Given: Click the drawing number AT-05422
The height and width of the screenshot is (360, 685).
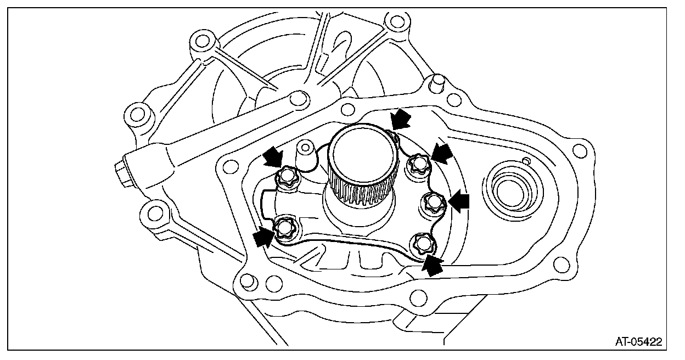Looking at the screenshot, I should pos(638,342).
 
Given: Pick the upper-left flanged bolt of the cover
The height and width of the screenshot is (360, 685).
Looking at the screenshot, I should pos(286,177).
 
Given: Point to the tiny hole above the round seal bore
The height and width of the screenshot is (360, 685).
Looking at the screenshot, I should pos(525,160).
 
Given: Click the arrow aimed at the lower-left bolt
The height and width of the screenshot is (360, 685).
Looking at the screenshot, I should pos(262,237).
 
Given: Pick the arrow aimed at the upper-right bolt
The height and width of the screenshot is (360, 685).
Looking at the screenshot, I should pos(443,150).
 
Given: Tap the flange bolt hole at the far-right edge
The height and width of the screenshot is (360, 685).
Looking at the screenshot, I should pos(578,150).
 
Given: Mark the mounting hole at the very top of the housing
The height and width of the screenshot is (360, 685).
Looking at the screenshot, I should pos(394,24).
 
